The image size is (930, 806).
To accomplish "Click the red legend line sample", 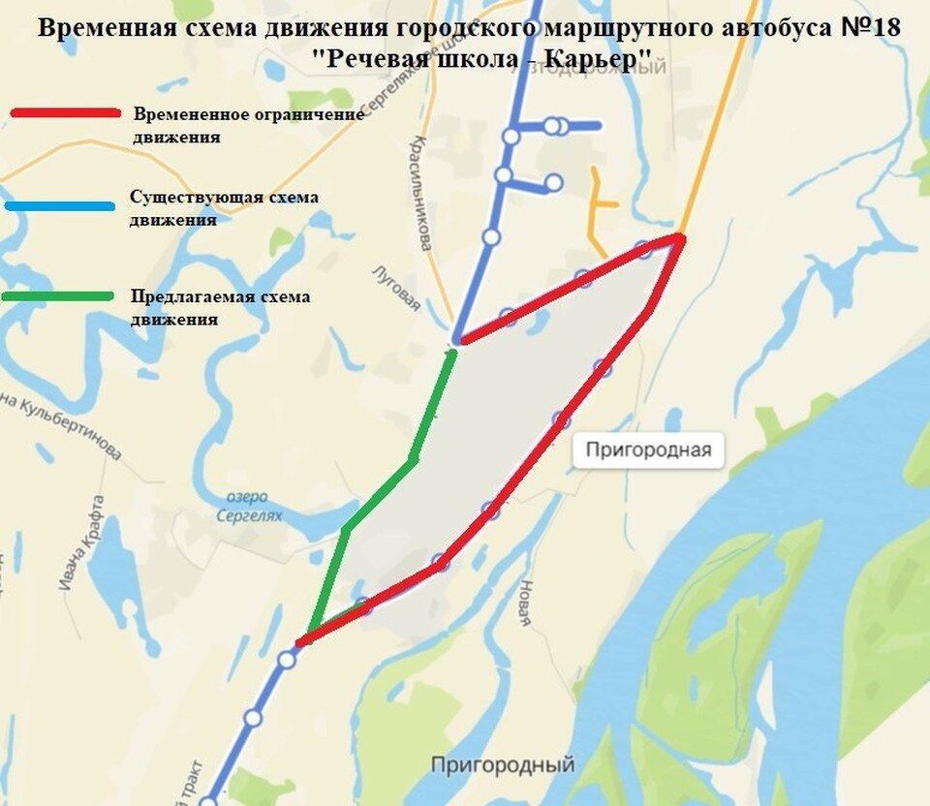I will (x=65, y=113).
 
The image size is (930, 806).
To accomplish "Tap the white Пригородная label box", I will (x=647, y=449).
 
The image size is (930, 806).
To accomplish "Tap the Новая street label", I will (x=525, y=603).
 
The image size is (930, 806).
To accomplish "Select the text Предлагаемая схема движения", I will (x=220, y=306).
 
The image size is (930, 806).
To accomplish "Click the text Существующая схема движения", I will (x=224, y=207).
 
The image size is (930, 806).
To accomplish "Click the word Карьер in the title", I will (x=596, y=59).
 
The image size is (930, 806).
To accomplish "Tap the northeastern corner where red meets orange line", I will (x=681, y=236).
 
